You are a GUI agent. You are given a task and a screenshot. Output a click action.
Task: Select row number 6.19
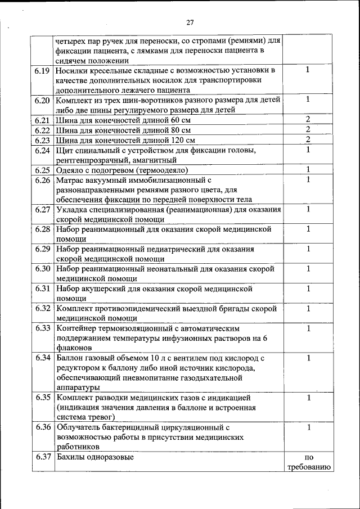[x=43, y=71]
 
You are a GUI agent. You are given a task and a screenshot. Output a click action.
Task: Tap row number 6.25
[x=43, y=170]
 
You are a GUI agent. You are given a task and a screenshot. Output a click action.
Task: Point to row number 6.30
[x=43, y=269]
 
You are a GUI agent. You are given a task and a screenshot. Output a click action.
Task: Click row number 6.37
[x=43, y=457]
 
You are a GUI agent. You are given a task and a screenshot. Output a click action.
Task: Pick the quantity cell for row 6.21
[x=308, y=120]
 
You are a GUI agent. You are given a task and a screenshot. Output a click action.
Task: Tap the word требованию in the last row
[x=308, y=467]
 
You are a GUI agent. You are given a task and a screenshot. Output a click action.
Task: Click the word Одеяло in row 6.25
[x=71, y=170]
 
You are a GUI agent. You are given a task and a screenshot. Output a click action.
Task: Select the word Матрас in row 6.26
[x=71, y=180]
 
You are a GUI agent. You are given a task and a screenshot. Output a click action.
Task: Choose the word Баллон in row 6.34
[x=71, y=358]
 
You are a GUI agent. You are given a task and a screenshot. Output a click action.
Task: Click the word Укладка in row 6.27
[x=73, y=210]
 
